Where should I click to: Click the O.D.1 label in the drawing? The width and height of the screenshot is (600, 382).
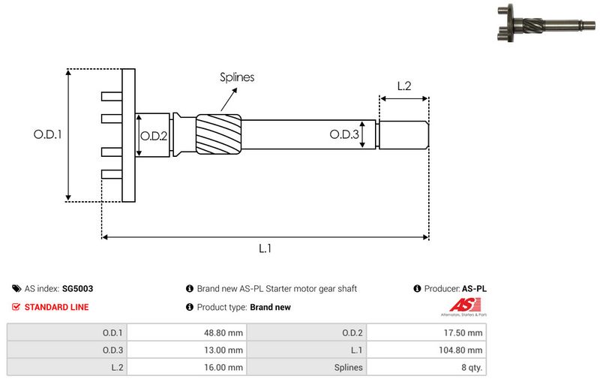(46, 135)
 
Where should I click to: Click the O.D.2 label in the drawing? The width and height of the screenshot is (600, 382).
(154, 135)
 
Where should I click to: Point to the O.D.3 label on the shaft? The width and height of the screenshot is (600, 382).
(343, 134)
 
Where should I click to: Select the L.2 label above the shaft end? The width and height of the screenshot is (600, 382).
(403, 86)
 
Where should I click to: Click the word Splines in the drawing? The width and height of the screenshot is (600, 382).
(237, 77)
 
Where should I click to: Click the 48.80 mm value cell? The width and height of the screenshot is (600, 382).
(225, 332)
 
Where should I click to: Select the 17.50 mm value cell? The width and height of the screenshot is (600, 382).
(465, 332)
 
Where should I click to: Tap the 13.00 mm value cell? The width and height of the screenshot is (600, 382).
(225, 350)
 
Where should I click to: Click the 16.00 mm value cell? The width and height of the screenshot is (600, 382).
(225, 368)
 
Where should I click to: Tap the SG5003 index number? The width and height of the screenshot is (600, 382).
(77, 288)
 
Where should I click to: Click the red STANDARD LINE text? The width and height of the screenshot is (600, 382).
(56, 307)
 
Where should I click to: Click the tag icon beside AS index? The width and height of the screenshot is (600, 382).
(16, 288)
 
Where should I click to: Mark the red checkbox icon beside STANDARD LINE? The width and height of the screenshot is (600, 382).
(16, 307)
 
